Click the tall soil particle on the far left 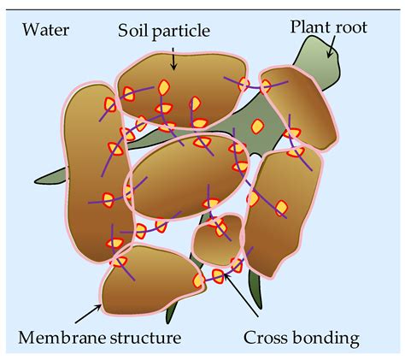[x=91, y=162]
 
